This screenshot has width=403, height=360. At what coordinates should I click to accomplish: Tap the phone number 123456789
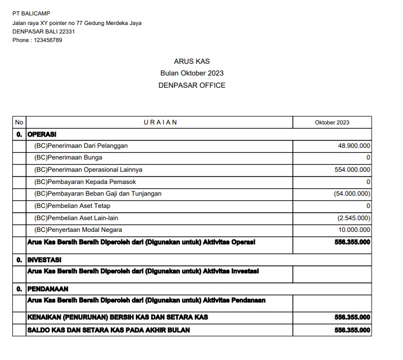tap(48, 40)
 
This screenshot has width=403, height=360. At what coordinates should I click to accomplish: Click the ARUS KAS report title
tap(192, 62)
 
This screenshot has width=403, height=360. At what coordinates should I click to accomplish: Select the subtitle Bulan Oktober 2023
tap(192, 73)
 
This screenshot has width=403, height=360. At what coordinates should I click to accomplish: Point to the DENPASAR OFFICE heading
tap(192, 85)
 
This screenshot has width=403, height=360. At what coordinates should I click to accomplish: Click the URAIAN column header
tap(160, 122)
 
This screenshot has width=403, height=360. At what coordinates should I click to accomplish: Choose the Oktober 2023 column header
tap(332, 122)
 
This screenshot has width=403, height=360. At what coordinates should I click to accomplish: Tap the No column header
tap(19, 122)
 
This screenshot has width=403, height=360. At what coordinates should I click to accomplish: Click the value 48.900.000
tap(354, 146)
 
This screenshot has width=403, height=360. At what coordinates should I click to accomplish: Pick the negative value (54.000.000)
tap(352, 194)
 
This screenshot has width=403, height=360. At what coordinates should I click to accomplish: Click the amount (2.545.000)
tap(354, 218)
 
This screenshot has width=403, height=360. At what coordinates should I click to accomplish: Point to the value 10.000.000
tap(354, 230)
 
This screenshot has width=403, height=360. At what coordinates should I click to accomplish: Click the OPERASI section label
tap(42, 134)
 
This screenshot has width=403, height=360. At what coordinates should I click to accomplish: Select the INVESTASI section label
tap(44, 260)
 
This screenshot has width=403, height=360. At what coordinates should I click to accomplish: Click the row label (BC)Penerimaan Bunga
tap(68, 158)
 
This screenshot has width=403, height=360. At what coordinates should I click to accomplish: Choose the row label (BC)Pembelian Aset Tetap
tap(72, 206)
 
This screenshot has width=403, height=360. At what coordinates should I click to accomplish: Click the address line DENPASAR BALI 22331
tap(44, 31)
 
